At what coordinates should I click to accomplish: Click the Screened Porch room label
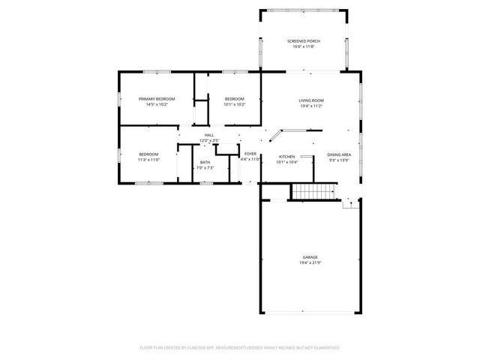coord(304,40)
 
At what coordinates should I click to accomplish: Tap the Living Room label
coord(311,100)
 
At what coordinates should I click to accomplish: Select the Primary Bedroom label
coord(156,99)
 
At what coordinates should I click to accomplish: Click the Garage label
coord(310,256)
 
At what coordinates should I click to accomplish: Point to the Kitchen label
coord(287,157)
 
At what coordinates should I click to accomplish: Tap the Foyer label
coord(250,154)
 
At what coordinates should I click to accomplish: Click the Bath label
coord(205,162)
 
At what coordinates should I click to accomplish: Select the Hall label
coord(209,136)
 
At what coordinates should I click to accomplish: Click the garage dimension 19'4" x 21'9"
coord(310,262)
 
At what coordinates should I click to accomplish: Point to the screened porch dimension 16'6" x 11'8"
coord(304,46)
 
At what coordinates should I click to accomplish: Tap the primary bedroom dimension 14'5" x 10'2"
coord(156,105)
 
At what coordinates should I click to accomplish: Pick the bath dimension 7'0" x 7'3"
coord(205,168)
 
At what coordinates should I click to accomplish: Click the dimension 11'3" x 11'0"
coord(148,160)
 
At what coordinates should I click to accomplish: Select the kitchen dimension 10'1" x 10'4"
coord(287,162)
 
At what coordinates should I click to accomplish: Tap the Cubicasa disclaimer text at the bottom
coord(240,348)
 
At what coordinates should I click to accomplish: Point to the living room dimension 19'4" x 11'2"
coord(311,106)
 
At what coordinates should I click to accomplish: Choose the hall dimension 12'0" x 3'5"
coord(209,141)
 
